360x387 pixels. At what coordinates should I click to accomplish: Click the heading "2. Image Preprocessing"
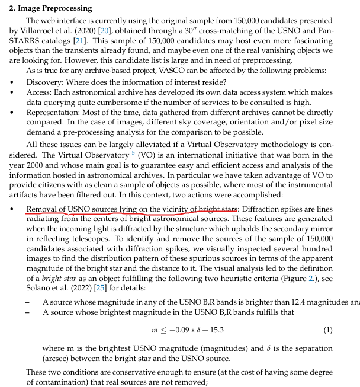pos(50,8)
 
